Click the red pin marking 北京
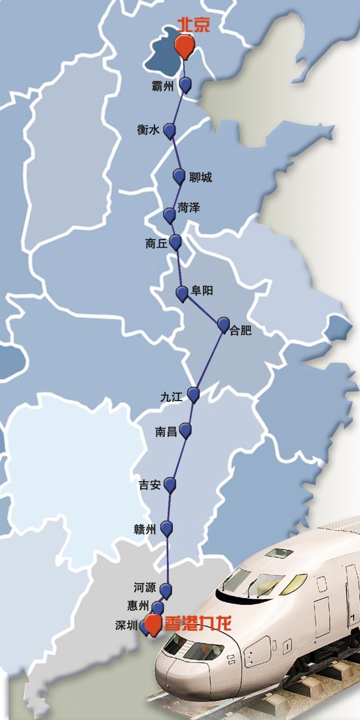(185, 45)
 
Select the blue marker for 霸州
(186, 84)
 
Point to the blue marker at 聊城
(179, 175)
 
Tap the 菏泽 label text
(189, 208)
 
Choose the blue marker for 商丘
(175, 242)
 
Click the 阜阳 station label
(202, 291)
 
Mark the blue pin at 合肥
(223, 323)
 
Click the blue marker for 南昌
(185, 430)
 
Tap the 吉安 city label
(149, 485)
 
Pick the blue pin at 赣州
(168, 528)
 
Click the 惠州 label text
(139, 605)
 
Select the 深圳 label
(126, 625)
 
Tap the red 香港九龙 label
(196, 623)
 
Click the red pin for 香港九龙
(153, 624)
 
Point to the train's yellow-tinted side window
(295, 582)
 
